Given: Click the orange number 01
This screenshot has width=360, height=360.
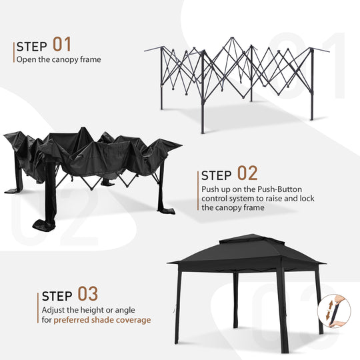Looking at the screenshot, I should (x=62, y=45).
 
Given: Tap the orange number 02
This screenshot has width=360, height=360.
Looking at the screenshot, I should (x=247, y=174).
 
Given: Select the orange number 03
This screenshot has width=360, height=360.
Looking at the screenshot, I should (x=88, y=294).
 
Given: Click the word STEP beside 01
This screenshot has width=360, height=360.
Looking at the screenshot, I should (x=32, y=47).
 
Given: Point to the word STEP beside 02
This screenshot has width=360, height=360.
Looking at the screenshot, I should (x=217, y=176).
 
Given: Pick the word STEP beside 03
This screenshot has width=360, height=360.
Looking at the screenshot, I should (x=58, y=296).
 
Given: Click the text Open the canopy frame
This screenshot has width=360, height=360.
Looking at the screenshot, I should (x=59, y=59).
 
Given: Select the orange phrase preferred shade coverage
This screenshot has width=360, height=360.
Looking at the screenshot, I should (x=103, y=320).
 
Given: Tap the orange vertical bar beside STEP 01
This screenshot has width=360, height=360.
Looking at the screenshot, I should (x=13, y=52).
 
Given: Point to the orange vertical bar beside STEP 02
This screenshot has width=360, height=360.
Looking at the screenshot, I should (x=198, y=190).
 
